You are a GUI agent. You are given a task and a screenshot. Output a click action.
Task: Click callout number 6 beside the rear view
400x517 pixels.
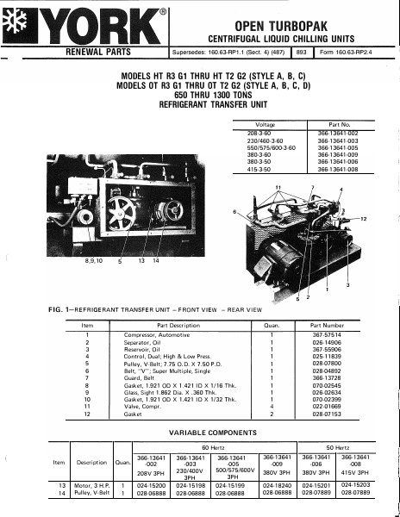pyautogui.click(x=234, y=212)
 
